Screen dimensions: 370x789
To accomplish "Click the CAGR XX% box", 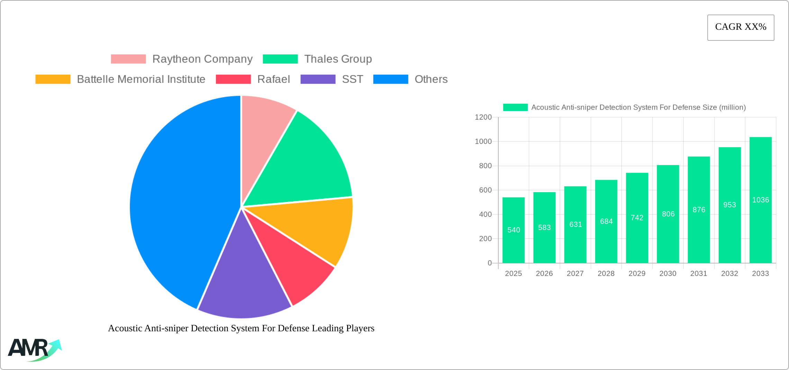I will click(741, 27).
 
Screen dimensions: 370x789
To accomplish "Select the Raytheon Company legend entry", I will click(202, 59).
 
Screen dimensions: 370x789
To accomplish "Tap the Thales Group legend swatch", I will click(280, 59).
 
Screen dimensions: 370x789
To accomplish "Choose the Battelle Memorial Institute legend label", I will click(141, 79).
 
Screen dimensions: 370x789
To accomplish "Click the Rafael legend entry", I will click(273, 79).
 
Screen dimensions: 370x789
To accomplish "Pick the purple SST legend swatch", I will click(318, 79).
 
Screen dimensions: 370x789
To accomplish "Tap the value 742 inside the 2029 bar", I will click(637, 218).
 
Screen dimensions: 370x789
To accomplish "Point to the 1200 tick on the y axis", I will click(483, 117).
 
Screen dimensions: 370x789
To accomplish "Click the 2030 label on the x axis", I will click(668, 274).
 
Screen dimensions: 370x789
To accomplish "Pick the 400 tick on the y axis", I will click(485, 214).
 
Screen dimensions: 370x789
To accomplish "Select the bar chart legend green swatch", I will click(515, 107).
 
